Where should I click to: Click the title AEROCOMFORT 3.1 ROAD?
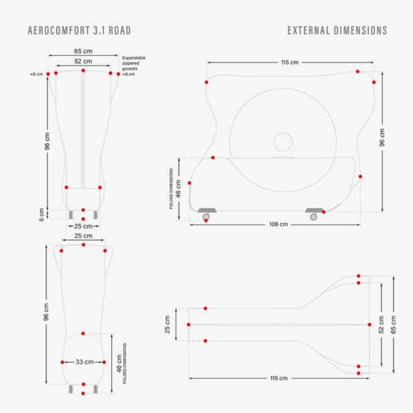pyautogui.click(x=79, y=31)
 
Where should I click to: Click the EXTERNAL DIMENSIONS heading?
pyautogui.click(x=337, y=31)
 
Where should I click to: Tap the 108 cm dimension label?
pyautogui.click(x=278, y=224)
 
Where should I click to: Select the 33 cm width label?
pyautogui.click(x=85, y=362)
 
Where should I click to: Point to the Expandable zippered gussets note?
pyautogui.click(x=133, y=63)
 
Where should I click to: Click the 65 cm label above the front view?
pyautogui.click(x=83, y=51)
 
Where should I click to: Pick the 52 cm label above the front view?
pyautogui.click(x=83, y=62)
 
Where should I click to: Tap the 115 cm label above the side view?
pyautogui.click(x=290, y=62)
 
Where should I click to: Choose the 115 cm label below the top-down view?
pyautogui.click(x=279, y=378)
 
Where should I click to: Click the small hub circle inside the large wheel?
pyautogui.click(x=283, y=142)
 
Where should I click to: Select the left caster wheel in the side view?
pyautogui.click(x=206, y=217)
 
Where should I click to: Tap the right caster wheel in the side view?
pyautogui.click(x=313, y=217)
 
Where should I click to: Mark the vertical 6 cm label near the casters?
pyautogui.click(x=41, y=215)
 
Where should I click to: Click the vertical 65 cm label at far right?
pyautogui.click(x=393, y=325)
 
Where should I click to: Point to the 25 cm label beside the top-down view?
pyautogui.click(x=167, y=325)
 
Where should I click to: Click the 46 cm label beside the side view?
pyautogui.click(x=178, y=189)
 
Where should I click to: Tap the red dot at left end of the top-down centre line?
pyautogui.click(x=189, y=325)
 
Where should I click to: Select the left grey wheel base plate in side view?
pyautogui.click(x=207, y=210)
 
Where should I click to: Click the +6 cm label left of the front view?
pyautogui.click(x=36, y=74)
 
